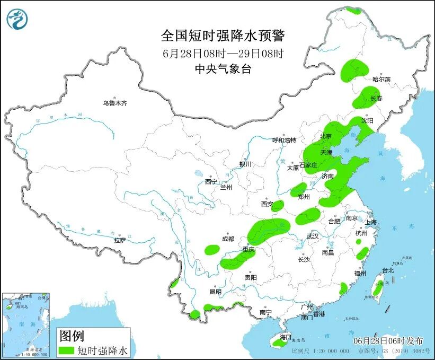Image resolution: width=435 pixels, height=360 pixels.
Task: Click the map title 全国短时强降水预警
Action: tap(223, 36)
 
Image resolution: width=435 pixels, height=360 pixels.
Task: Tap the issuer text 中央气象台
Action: tap(223, 68)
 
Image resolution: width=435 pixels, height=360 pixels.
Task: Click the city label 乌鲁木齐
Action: tap(115, 103)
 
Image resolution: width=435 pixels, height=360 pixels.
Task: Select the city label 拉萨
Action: tap(120, 240)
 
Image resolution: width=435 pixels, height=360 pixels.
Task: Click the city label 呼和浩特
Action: tap(284, 140)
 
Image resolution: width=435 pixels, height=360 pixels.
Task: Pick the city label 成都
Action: tap(228, 239)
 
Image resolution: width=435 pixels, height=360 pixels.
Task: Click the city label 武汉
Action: tap(313, 236)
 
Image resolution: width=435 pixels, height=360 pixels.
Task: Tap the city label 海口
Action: tap(286, 337)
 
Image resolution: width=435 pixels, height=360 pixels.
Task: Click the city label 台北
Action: tap(388, 270)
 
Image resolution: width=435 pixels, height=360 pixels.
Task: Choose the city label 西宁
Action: tap(211, 182)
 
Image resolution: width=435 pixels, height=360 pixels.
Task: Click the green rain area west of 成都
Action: tap(212, 248)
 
